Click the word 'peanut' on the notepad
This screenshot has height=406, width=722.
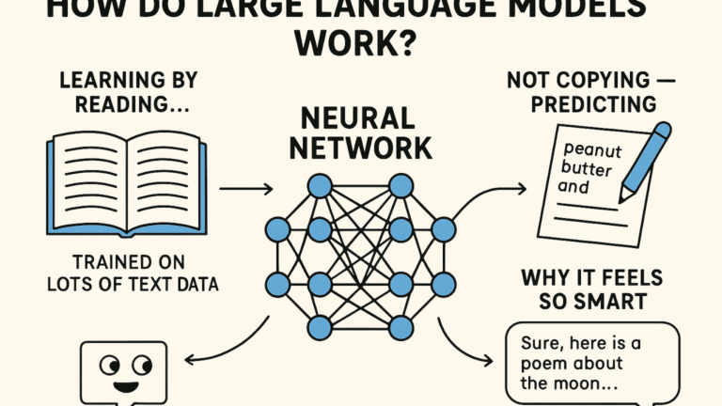[x=589, y=149]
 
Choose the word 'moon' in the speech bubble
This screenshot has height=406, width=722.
[x=574, y=384]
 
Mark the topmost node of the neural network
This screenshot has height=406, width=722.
[x=320, y=186]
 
